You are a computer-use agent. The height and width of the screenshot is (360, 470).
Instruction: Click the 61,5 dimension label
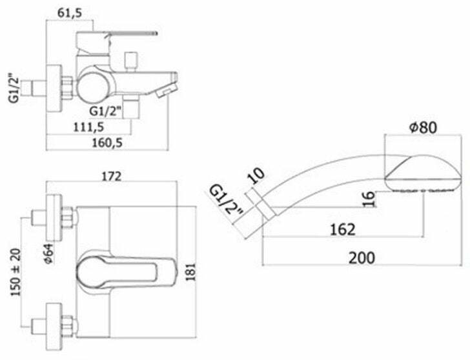coord(69,14)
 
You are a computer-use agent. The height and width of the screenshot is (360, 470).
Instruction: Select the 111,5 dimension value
coord(88,127)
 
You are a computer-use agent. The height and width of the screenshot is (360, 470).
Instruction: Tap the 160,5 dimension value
coord(107,143)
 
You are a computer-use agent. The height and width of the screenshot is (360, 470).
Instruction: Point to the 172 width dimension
coord(112,176)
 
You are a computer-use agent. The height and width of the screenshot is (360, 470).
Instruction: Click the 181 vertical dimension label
coord(190,272)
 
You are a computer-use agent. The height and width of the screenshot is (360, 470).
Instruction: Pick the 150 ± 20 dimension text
coord(16,272)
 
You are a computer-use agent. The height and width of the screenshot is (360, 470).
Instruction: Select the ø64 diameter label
coord(49,254)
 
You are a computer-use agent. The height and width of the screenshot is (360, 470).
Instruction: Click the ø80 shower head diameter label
coord(423,127)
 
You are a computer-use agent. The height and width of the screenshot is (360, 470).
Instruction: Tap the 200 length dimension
coord(362,258)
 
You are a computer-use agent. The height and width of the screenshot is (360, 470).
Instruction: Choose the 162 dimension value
coord(343,230)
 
